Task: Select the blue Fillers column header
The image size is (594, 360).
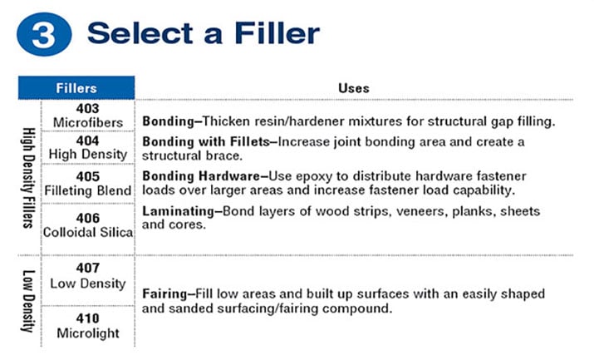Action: tap(76, 88)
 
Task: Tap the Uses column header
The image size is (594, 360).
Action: tap(354, 88)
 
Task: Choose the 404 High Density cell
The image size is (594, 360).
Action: tap(87, 147)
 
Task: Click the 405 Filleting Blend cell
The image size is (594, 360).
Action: tap(87, 183)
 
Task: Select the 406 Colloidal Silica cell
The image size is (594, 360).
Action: tap(87, 225)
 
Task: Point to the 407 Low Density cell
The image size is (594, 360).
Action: tap(87, 276)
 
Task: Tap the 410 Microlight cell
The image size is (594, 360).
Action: tap(87, 325)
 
